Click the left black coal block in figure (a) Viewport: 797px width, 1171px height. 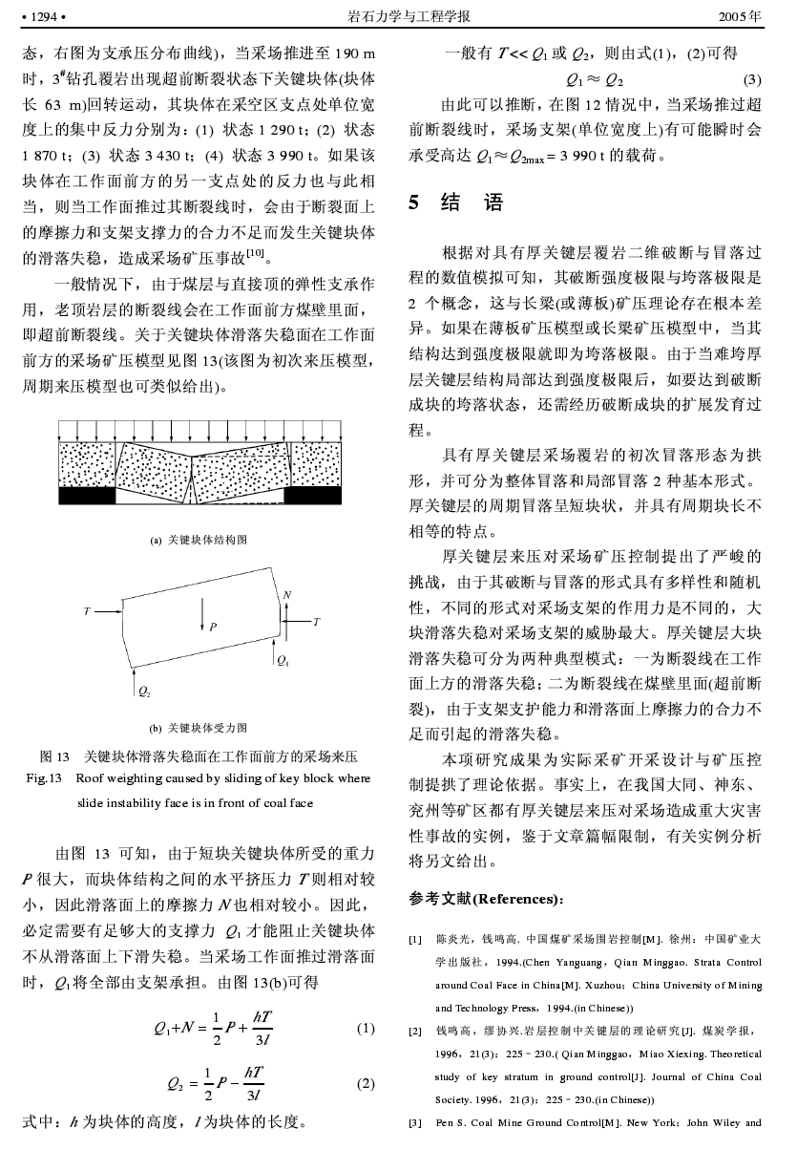click(86, 495)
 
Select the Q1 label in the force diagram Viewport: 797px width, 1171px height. click(283, 660)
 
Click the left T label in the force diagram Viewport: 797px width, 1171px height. click(87, 609)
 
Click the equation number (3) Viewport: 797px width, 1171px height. click(751, 78)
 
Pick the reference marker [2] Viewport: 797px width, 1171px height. click(415, 1032)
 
